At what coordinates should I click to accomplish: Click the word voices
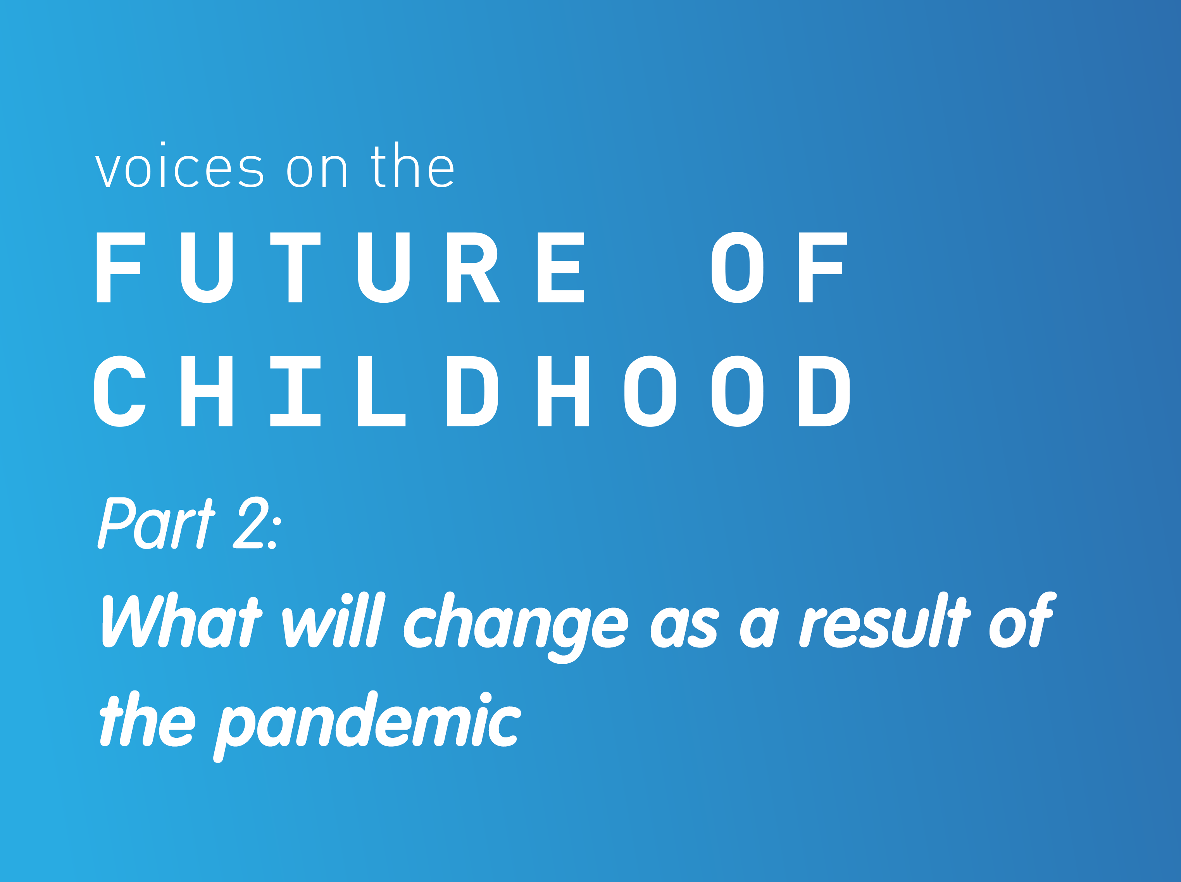tap(179, 165)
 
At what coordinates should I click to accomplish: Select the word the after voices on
tap(412, 165)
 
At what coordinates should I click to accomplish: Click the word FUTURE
tap(340, 268)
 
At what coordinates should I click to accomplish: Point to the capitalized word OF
tap(780, 268)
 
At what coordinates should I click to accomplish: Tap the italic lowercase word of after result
tap(1022, 620)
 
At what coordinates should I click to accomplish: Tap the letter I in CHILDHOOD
tap(295, 391)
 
